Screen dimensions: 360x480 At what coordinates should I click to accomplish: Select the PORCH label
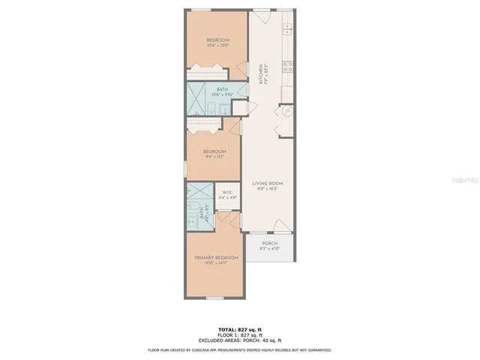click(x=269, y=244)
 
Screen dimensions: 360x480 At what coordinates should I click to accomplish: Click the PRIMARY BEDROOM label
click(x=216, y=258)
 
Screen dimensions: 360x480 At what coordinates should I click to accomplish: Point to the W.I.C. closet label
click(x=228, y=193)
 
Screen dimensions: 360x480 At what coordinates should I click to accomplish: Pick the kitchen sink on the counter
click(x=287, y=30)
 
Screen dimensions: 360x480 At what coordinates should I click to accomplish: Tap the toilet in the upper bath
click(x=211, y=110)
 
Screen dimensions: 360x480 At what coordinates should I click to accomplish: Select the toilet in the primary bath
click(x=204, y=208)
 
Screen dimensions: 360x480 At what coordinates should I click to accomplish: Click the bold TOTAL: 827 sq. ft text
click(x=239, y=330)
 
